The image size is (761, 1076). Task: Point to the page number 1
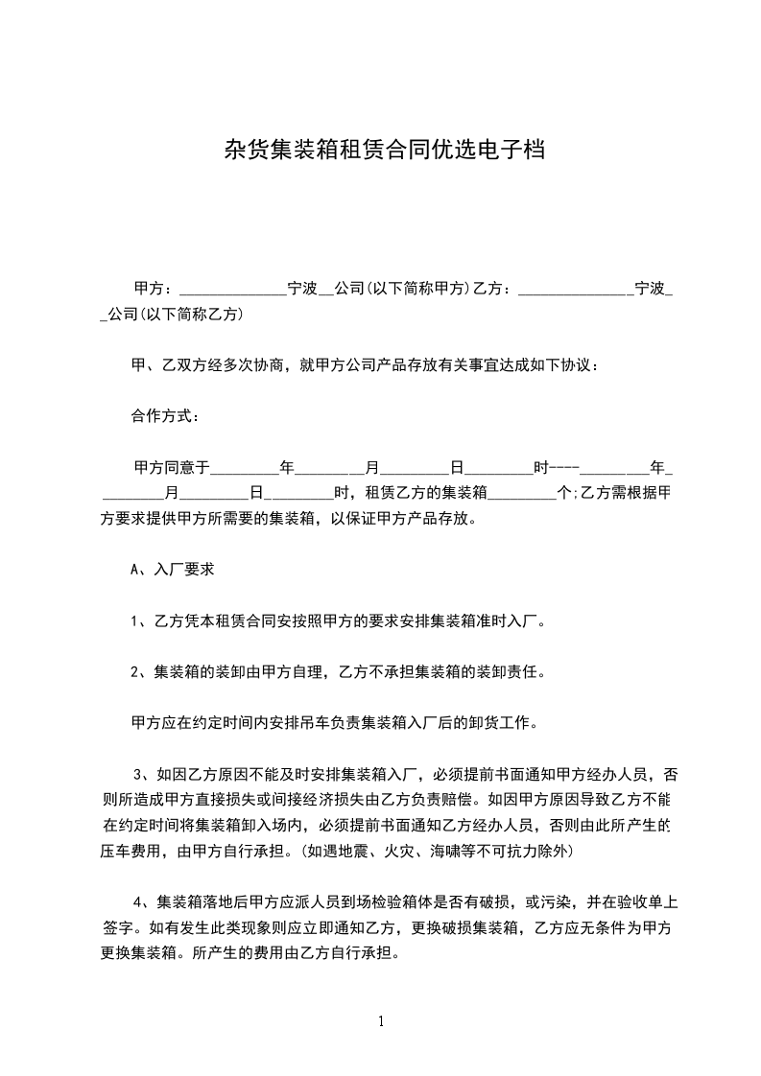coord(381,1021)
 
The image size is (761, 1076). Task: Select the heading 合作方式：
coord(166,417)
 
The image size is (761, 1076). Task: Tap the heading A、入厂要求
coord(172,569)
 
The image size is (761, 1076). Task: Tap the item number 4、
coord(144,902)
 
